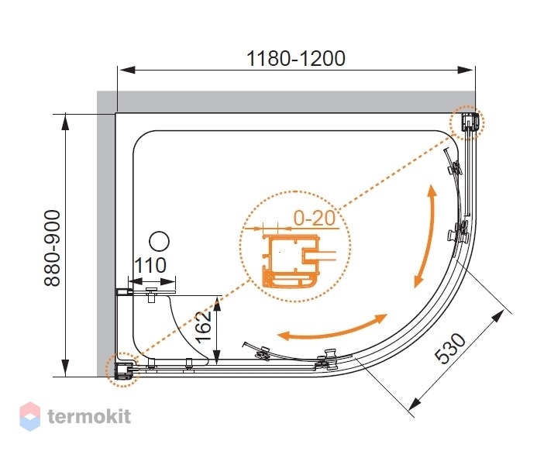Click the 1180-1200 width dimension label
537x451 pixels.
tap(296, 59)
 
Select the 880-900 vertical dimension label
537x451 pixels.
tap(53, 248)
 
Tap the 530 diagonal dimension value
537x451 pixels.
tap(450, 348)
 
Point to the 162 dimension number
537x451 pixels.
tap(204, 327)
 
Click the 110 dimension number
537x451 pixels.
tap(150, 265)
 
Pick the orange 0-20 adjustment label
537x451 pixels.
tap(314, 218)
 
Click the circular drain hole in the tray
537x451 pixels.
tap(160, 242)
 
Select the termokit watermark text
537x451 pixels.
tap(89, 416)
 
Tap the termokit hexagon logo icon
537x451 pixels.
tap(29, 416)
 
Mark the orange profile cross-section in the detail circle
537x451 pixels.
tap(291, 261)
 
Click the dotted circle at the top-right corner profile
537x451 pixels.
tap(467, 122)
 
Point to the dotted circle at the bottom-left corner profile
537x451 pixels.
tap(122, 370)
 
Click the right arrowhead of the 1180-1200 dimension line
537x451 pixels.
tap(466, 71)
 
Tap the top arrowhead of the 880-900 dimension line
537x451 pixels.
tap(65, 122)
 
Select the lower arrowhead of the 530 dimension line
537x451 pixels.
tap(415, 404)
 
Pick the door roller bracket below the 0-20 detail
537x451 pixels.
tap(263, 353)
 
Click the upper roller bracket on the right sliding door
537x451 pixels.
tap(454, 168)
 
